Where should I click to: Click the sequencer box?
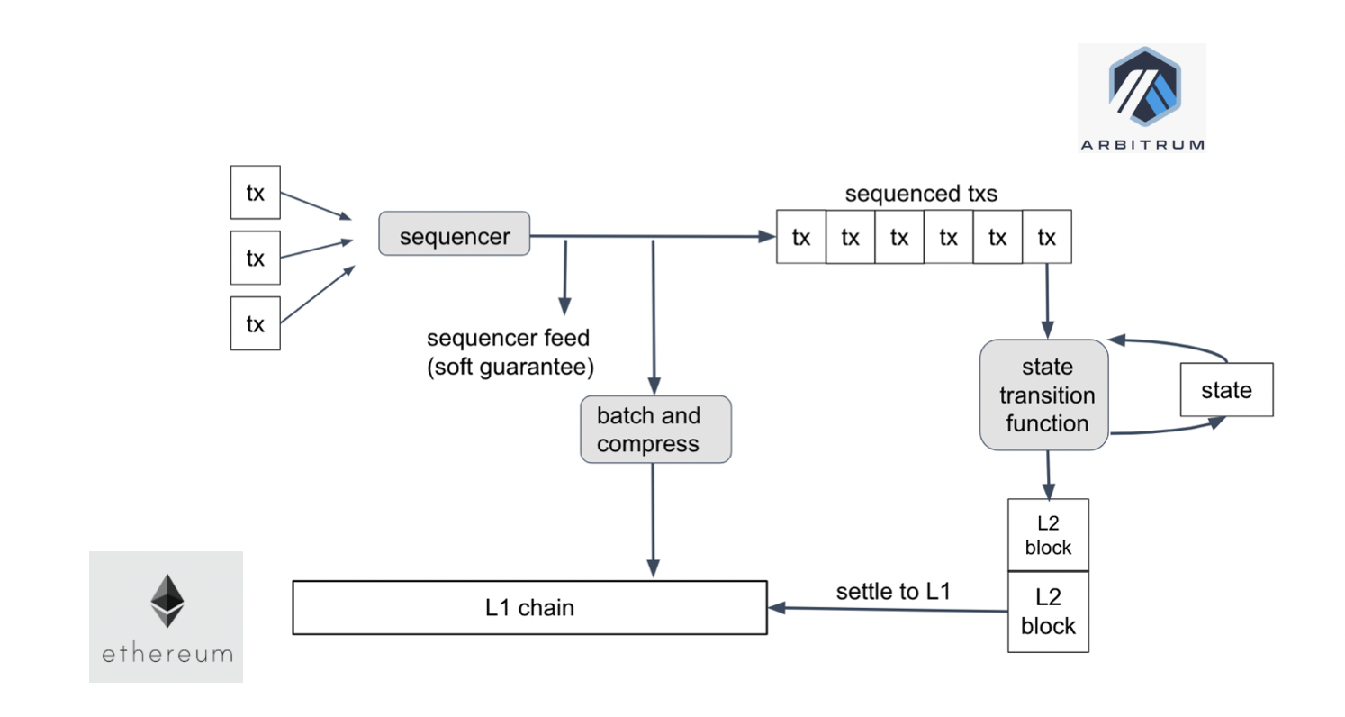(x=454, y=237)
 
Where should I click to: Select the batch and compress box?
(x=655, y=430)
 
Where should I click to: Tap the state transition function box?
(x=1043, y=395)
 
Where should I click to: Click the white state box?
(x=1226, y=390)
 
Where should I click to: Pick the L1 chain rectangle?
(x=529, y=608)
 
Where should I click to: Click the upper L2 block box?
(x=1048, y=535)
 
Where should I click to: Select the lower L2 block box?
(x=1048, y=612)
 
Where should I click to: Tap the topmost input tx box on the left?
(x=256, y=193)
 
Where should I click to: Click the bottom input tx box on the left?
(x=256, y=323)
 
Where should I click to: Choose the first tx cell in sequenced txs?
(x=800, y=238)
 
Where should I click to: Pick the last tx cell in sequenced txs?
(x=1046, y=238)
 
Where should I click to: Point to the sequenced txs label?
(x=920, y=194)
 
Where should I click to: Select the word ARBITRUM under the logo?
(x=1142, y=144)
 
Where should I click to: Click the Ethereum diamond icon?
(x=166, y=601)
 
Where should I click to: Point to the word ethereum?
(x=167, y=653)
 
